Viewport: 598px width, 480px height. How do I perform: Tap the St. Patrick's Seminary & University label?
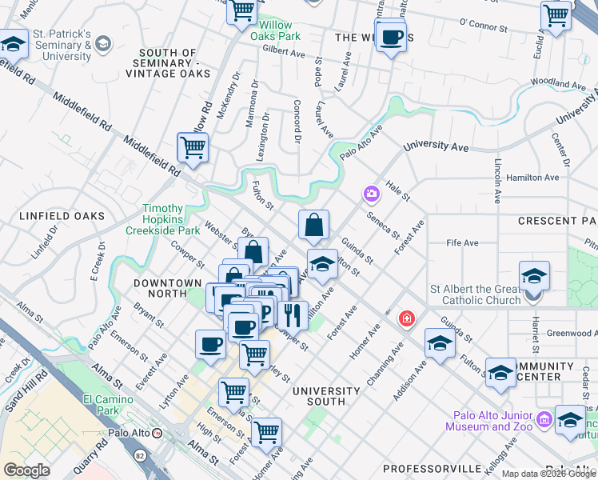(62, 46)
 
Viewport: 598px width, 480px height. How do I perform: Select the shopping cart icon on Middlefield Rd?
(193, 148)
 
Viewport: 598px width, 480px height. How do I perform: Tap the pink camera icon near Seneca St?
(371, 193)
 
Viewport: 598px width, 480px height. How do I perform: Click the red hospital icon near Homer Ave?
(407, 318)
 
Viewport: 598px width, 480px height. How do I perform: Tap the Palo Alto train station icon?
(158, 433)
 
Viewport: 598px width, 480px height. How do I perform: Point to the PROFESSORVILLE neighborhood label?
(433, 467)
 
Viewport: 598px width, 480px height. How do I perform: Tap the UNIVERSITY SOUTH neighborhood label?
(325, 391)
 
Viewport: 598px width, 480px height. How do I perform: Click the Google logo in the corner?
(26, 470)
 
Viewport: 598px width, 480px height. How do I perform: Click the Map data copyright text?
(549, 474)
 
